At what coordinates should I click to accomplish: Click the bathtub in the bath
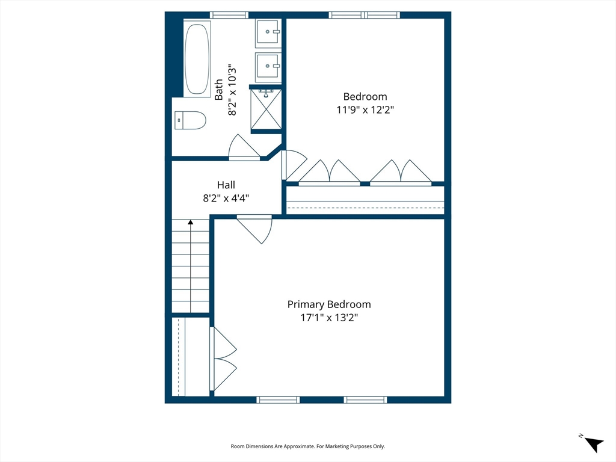pyautogui.click(x=197, y=58)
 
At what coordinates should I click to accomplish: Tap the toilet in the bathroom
pyautogui.click(x=191, y=120)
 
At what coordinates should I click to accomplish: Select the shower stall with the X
pyautogui.click(x=266, y=109)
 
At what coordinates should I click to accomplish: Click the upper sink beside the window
pyautogui.click(x=268, y=31)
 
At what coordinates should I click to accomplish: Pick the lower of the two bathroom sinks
pyautogui.click(x=268, y=66)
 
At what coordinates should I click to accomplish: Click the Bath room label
pyautogui.click(x=219, y=90)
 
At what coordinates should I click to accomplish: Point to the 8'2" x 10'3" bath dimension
pyautogui.click(x=232, y=90)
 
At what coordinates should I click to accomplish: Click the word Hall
pyautogui.click(x=226, y=185)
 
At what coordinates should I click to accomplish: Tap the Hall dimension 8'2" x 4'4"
pyautogui.click(x=226, y=198)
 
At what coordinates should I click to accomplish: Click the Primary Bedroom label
pyautogui.click(x=329, y=304)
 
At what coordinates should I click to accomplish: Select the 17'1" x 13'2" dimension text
pyautogui.click(x=329, y=318)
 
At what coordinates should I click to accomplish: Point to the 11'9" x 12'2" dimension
pyautogui.click(x=365, y=109)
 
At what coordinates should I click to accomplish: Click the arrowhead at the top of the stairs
pyautogui.click(x=191, y=222)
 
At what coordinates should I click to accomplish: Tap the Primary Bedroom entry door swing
pyautogui.click(x=254, y=229)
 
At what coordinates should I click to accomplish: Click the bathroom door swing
pyautogui.click(x=244, y=147)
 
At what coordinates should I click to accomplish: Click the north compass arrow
pyautogui.click(x=594, y=444)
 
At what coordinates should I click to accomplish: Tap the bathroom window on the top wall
pyautogui.click(x=229, y=15)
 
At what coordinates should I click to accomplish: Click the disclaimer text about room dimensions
pyautogui.click(x=307, y=446)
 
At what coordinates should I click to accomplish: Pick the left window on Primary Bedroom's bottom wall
pyautogui.click(x=278, y=400)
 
